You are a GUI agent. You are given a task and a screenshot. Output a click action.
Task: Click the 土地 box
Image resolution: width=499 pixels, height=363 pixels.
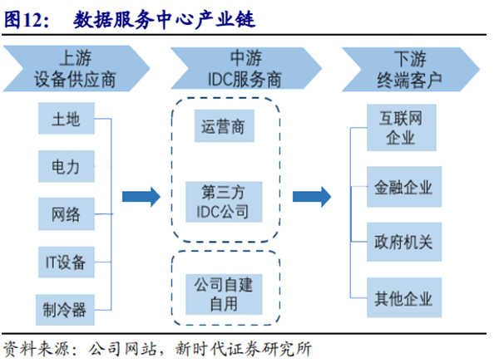pyautogui.click(x=67, y=120)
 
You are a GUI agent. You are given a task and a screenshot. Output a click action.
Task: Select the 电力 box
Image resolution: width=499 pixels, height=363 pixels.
pyautogui.click(x=67, y=167)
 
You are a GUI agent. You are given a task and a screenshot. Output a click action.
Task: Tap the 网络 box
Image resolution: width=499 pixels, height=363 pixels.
pyautogui.click(x=67, y=214)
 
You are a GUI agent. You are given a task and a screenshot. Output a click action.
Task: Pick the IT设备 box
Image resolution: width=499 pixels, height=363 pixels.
pyautogui.click(x=66, y=262)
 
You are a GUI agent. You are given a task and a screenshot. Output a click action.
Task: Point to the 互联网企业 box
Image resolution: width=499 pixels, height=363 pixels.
pyautogui.click(x=402, y=129)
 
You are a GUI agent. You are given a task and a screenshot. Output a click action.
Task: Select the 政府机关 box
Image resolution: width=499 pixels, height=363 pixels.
pyautogui.click(x=402, y=243)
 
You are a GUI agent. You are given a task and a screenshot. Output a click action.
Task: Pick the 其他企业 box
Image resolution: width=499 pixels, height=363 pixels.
pyautogui.click(x=402, y=298)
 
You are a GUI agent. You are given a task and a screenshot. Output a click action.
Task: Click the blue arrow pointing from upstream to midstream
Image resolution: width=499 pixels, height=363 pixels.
pyautogui.click(x=141, y=197)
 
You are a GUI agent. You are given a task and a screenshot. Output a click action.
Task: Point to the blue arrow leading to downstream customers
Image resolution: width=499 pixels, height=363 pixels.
pyautogui.click(x=314, y=197)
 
